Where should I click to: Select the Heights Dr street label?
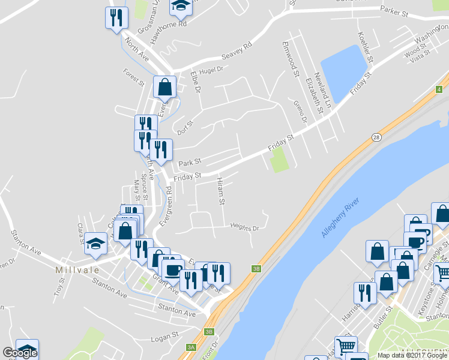coord(244,227)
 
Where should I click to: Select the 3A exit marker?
coord(191,347)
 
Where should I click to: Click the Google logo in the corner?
coord(20,353)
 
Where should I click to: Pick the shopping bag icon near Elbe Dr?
coord(164,87)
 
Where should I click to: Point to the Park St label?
coord(189,163)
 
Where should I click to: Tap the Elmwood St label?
coord(291,59)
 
